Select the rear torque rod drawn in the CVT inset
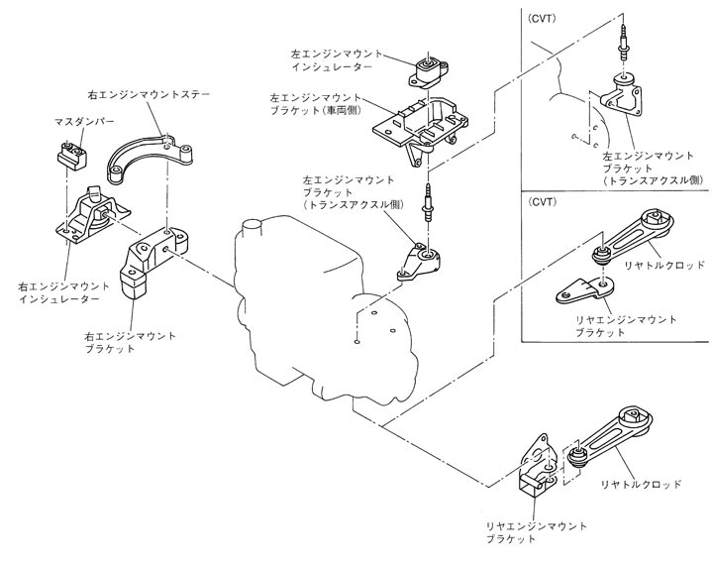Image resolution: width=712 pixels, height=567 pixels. (643, 238)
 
